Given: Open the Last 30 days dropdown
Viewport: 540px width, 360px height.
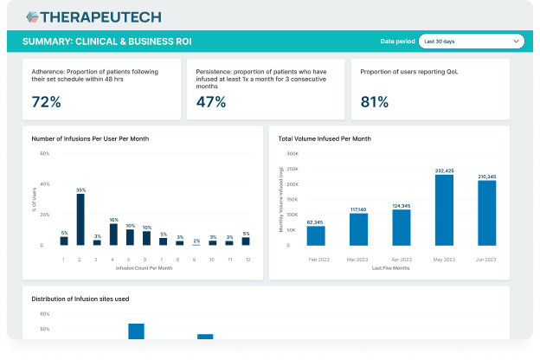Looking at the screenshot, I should (471, 41).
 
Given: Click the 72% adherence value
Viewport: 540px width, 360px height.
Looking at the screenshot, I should (46, 102).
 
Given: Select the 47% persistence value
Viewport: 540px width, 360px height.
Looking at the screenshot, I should (211, 102).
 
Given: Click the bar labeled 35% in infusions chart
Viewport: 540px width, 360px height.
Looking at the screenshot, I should (80, 220).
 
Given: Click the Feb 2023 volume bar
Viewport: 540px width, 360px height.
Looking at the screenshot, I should (316, 235).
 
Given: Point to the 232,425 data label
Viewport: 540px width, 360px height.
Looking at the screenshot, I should (444, 170).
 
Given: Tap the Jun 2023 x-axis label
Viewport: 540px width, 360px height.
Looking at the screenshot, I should (487, 259).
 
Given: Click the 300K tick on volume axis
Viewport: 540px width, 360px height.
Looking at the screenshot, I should (292, 154).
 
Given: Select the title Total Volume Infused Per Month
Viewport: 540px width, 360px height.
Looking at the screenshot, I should (325, 138).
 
